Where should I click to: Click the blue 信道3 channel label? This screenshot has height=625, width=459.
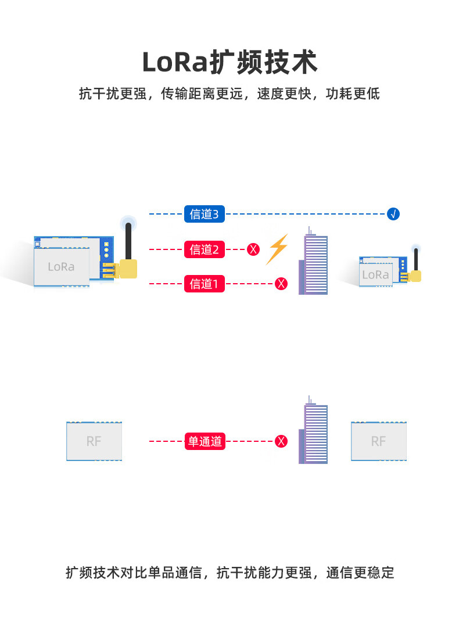(x=205, y=214)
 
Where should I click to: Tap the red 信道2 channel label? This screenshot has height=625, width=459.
(x=205, y=249)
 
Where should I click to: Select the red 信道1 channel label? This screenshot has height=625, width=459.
(x=205, y=284)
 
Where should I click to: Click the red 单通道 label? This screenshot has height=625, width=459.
(x=205, y=441)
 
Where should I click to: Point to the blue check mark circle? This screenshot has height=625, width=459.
(x=393, y=214)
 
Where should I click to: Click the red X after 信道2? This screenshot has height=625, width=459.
(x=253, y=249)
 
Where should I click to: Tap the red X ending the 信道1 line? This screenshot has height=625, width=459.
(x=281, y=284)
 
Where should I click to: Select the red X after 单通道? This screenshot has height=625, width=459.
(x=281, y=441)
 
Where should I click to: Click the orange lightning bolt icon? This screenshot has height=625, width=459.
(x=277, y=249)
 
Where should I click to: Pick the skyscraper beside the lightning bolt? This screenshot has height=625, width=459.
(x=314, y=261)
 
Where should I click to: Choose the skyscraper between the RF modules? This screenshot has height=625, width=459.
(x=314, y=430)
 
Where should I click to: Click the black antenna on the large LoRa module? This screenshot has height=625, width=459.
(x=128, y=242)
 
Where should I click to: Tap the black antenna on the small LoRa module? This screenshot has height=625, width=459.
(x=416, y=259)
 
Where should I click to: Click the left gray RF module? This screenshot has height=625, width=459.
(x=94, y=441)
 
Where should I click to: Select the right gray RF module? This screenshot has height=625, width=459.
(x=379, y=441)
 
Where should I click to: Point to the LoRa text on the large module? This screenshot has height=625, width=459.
(x=61, y=267)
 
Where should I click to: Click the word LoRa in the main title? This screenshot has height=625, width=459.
(x=175, y=63)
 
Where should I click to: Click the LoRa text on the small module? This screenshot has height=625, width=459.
(x=375, y=274)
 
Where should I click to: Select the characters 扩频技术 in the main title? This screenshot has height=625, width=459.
(x=263, y=62)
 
